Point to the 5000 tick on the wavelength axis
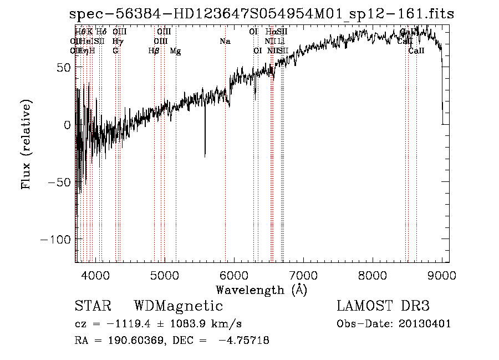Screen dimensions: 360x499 164,273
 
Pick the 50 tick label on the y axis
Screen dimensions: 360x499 63,67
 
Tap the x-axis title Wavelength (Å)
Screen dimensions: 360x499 261,290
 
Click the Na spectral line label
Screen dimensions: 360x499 225,42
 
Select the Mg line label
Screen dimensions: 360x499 175,51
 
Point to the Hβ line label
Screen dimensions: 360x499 154,51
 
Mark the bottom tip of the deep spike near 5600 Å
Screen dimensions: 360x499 205,157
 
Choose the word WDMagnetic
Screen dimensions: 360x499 179,306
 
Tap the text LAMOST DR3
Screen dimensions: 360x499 383,306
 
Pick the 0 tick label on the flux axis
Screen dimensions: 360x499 67,125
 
